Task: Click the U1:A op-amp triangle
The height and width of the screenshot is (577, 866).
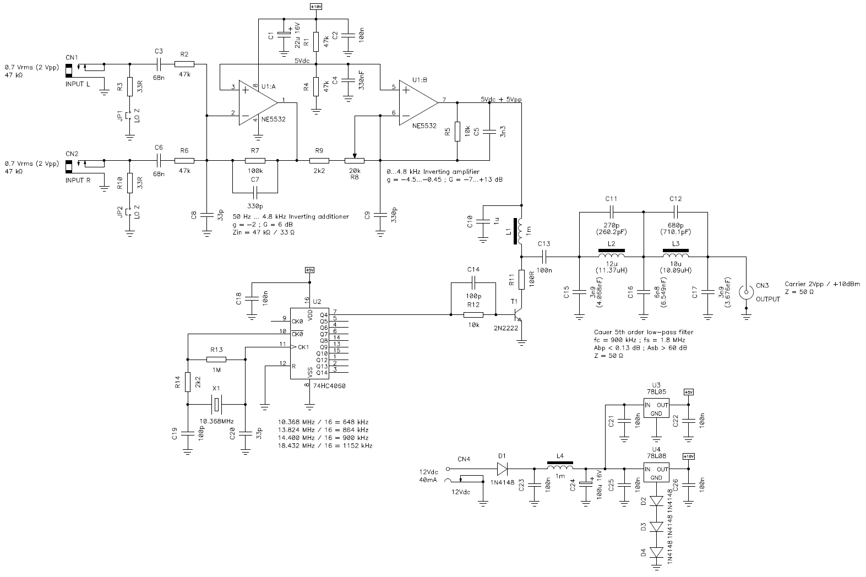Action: [258, 102]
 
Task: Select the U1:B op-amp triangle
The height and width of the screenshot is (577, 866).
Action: [419, 102]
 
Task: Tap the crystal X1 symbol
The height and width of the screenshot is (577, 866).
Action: [216, 405]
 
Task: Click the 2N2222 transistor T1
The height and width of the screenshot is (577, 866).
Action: [518, 315]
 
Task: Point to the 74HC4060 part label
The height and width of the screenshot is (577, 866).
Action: [329, 385]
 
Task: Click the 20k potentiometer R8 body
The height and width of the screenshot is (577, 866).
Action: [355, 161]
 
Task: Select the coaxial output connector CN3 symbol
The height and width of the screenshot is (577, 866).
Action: [746, 292]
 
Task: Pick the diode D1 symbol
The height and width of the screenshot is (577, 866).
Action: [502, 469]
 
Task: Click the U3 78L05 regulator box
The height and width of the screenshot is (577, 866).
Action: [656, 408]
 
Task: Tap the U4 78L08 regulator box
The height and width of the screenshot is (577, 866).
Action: [656, 472]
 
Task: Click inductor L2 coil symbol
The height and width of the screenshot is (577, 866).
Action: [611, 255]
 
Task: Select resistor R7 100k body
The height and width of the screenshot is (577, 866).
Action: [255, 161]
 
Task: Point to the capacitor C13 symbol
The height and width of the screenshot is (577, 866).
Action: [544, 257]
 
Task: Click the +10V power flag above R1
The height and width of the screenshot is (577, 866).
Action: [316, 7]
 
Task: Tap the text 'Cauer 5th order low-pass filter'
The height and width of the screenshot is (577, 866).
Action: [644, 332]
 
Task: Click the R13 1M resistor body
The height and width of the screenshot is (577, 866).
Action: [216, 360]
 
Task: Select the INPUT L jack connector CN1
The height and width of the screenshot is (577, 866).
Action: [69, 71]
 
